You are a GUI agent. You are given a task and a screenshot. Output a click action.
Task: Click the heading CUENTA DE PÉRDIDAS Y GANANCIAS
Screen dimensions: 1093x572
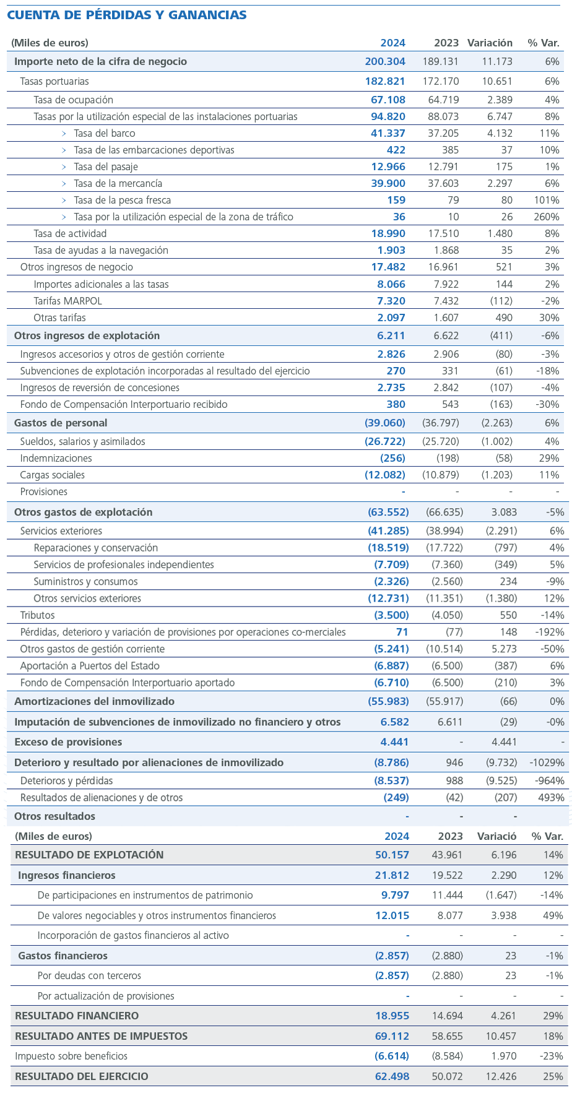(126, 15)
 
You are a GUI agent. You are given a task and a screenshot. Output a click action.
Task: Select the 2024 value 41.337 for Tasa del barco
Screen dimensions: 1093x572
(388, 133)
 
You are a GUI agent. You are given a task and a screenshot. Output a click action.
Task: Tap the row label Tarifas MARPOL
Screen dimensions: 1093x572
(68, 301)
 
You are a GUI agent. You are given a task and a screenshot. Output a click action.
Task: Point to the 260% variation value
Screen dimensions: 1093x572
(547, 217)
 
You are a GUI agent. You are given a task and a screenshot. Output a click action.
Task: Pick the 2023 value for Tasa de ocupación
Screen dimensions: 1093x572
(444, 100)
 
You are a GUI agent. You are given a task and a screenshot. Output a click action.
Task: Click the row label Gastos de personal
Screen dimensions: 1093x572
(61, 423)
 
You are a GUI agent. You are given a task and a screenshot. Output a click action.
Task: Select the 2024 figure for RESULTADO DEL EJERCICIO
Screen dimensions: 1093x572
(392, 1076)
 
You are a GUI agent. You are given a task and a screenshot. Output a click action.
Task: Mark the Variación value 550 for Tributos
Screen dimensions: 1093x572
(507, 615)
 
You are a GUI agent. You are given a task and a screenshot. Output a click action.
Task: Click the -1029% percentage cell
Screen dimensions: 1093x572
(547, 763)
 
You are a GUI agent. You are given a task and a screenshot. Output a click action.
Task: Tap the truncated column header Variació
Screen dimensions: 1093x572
(496, 836)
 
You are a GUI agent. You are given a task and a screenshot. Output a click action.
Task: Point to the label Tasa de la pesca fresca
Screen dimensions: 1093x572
(123, 200)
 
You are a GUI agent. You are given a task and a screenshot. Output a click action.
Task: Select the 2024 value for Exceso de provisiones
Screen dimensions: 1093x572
(394, 742)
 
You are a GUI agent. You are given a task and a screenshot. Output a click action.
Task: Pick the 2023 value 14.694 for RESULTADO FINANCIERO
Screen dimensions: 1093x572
(447, 1016)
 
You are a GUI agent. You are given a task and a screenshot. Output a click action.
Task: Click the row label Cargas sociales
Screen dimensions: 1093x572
(53, 475)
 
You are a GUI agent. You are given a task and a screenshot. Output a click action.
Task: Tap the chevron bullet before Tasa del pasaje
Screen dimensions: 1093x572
(64, 166)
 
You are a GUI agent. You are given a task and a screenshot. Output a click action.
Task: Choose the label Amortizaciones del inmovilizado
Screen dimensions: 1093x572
(94, 701)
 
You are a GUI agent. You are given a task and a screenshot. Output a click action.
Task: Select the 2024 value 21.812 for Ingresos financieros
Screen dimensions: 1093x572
(392, 875)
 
